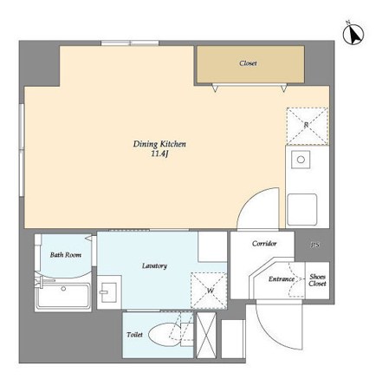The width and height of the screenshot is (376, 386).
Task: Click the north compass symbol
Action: click(x=353, y=34)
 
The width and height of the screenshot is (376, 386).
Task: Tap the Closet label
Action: click(x=248, y=63)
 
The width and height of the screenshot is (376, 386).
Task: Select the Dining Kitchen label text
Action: click(x=159, y=144)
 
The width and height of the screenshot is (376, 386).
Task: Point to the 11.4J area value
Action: click(x=159, y=154)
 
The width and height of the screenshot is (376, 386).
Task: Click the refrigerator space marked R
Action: click(x=308, y=126)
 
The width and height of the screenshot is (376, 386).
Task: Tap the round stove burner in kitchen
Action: click(x=301, y=160)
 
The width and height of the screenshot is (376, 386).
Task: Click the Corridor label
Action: click(x=264, y=244)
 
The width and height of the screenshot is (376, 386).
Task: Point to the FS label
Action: click(x=315, y=245)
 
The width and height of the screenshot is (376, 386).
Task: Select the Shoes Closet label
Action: click(x=317, y=280)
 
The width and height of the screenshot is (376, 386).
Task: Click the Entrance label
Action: click(x=282, y=279)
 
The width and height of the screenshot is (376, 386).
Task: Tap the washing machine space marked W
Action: click(x=209, y=291)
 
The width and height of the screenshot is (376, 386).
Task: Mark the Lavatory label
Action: click(x=154, y=266)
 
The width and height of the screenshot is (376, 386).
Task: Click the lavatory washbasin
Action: click(x=109, y=292)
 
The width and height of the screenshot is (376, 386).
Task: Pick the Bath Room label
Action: click(x=66, y=255)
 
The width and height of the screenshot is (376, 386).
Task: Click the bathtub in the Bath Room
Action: click(x=63, y=296)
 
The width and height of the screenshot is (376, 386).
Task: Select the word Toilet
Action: click(x=134, y=335)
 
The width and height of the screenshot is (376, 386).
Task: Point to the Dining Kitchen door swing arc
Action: click(x=250, y=200)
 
